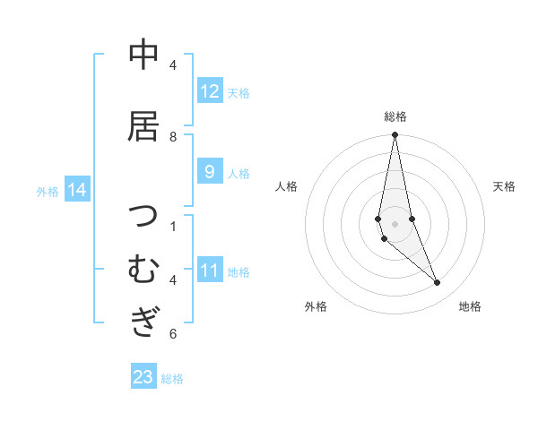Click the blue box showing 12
pyautogui.click(x=210, y=91)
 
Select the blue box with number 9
pyautogui.click(x=210, y=172)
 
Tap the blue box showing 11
pyautogui.click(x=210, y=271)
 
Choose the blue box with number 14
pyautogui.click(x=77, y=190)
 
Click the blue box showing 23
pyautogui.click(x=143, y=377)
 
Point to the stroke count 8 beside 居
pyautogui.click(x=173, y=136)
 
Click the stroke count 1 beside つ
pyautogui.click(x=173, y=226)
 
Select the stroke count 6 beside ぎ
pyautogui.click(x=173, y=334)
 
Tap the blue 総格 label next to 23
pyautogui.click(x=172, y=379)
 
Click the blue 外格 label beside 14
pyautogui.click(x=48, y=191)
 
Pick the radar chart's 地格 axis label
pyautogui.click(x=470, y=306)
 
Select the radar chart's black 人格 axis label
pyautogui.click(x=286, y=186)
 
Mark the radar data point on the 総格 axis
pyautogui.click(x=395, y=135)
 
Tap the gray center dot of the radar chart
pyautogui.click(x=395, y=223)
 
